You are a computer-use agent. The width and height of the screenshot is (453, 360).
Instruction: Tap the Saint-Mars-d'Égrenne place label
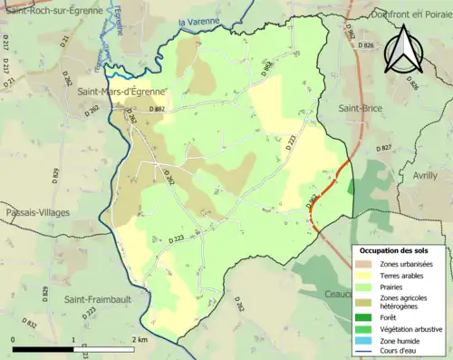120,91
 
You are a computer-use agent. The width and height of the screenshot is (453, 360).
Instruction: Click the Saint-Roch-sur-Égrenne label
51,11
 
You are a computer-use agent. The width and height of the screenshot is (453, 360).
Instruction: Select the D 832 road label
32,323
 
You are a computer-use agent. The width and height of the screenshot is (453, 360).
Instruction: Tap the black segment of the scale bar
45,349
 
